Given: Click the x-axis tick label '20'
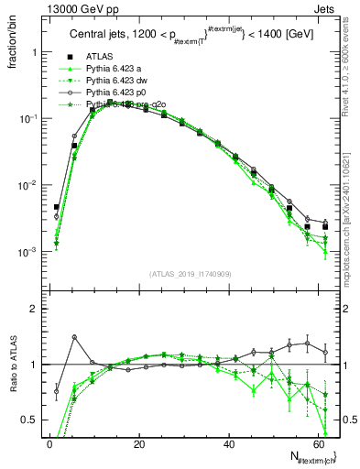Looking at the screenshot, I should (x=139, y=442).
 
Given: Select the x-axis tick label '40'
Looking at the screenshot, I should (x=229, y=442).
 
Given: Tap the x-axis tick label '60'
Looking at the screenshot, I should (x=318, y=442).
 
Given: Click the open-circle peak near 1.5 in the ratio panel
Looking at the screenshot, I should (x=74, y=337).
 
